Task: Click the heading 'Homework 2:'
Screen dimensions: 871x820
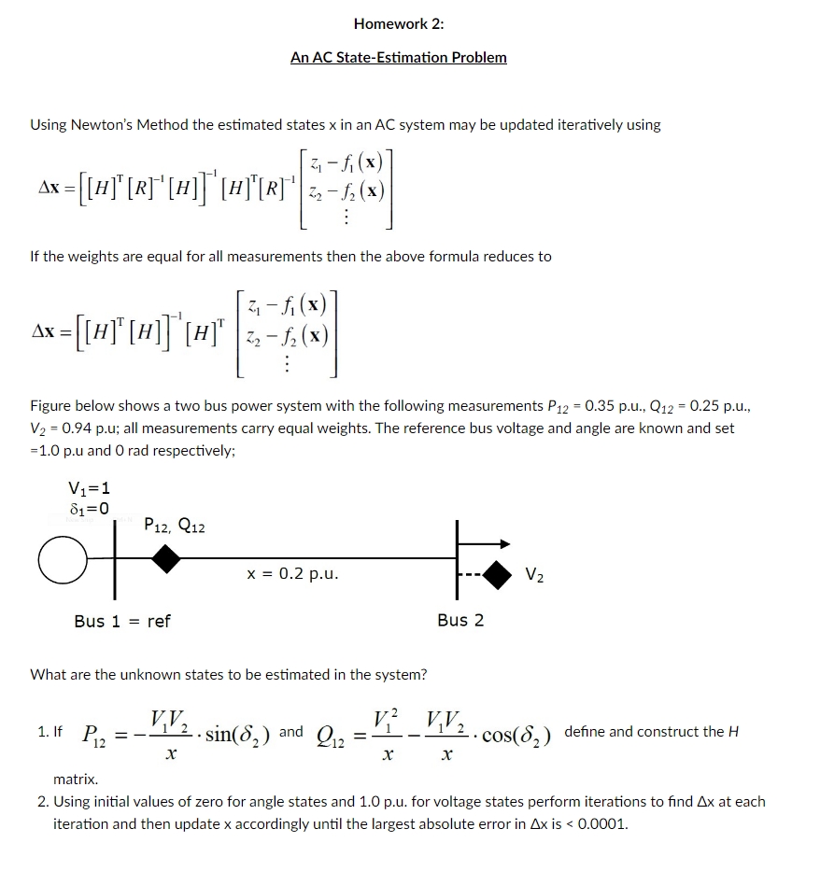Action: [399, 24]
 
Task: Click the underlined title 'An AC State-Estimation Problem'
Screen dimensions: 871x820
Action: [399, 58]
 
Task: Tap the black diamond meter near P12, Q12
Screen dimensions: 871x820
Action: [166, 559]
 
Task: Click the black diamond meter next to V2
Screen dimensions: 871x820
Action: [498, 573]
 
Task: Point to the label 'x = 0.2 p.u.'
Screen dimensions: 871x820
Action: [292, 573]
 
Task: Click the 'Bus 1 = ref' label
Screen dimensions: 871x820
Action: [122, 621]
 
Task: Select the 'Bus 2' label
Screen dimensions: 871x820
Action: [460, 621]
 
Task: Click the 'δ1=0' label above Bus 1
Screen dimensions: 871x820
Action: [89, 509]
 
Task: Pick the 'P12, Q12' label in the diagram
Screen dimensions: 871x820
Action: [175, 527]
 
